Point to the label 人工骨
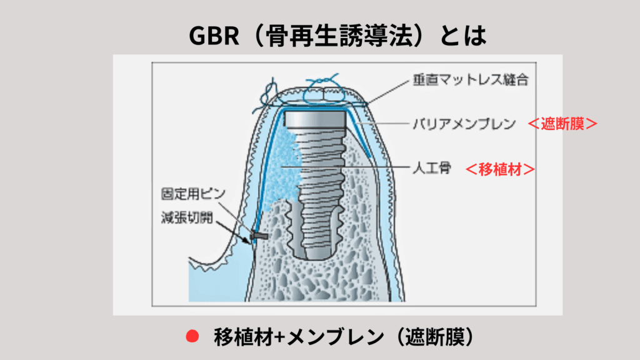(x=431, y=168)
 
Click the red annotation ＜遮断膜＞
(x=563, y=124)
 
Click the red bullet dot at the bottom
(x=192, y=336)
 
